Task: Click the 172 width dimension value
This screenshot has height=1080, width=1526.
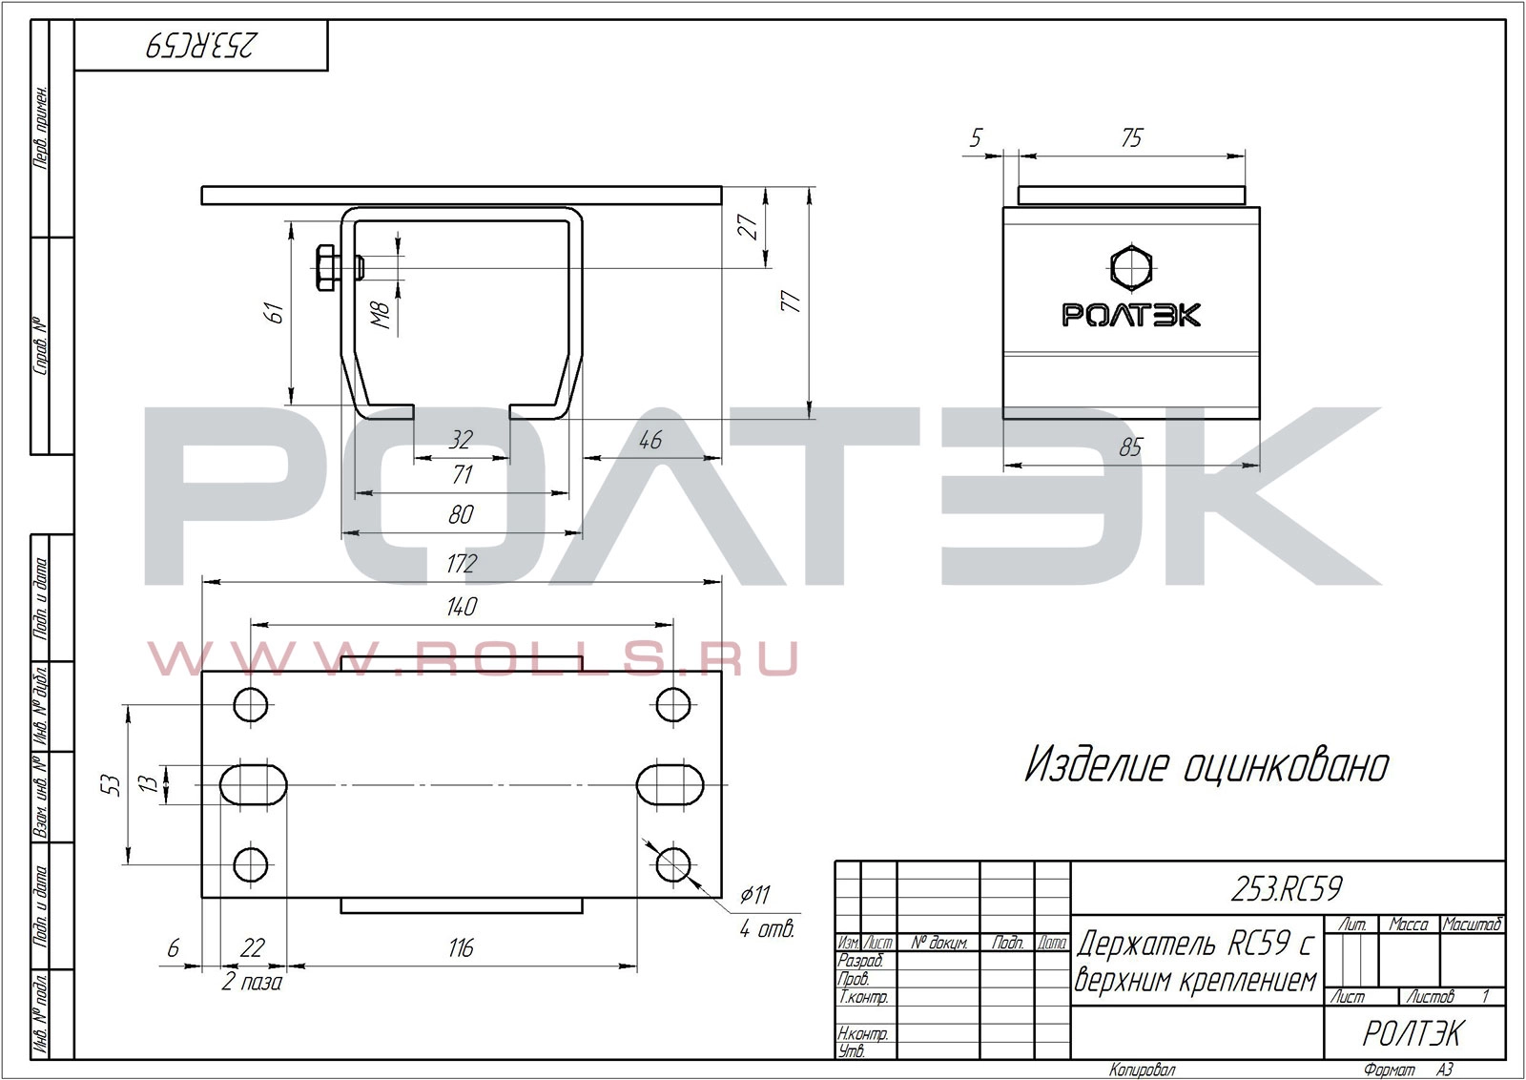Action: [x=462, y=564]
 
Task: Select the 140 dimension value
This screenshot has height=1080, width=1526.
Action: [x=462, y=607]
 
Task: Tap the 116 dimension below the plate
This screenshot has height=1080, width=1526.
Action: [x=462, y=947]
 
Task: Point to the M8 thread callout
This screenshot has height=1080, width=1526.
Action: [x=381, y=316]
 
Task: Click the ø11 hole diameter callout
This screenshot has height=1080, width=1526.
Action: [x=755, y=894]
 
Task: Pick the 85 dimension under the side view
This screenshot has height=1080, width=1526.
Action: [x=1131, y=447]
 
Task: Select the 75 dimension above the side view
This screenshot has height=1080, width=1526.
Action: [x=1131, y=138]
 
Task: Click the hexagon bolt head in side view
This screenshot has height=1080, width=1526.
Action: [x=1131, y=266]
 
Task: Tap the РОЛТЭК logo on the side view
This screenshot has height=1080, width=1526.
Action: [x=1131, y=315]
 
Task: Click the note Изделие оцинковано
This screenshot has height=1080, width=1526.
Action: [x=1206, y=765]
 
